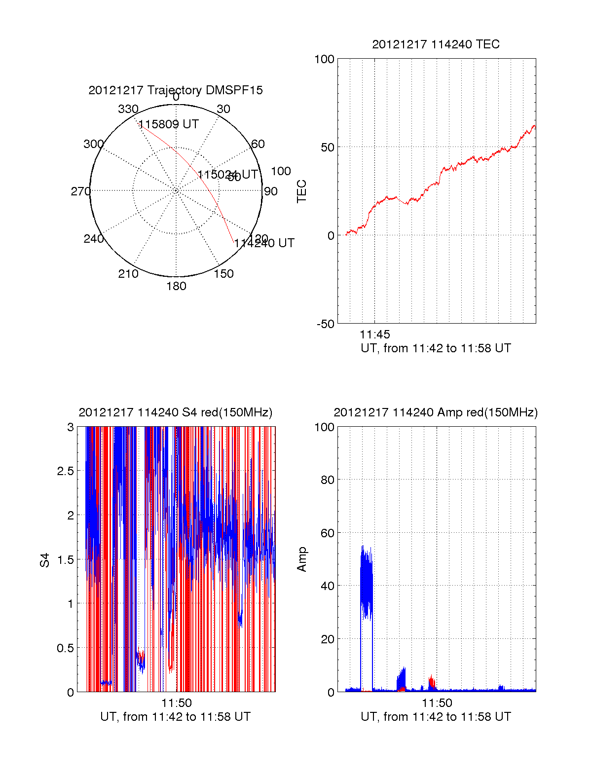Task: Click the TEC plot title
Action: [436, 44]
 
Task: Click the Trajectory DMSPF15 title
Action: [176, 90]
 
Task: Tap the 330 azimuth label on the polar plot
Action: [128, 109]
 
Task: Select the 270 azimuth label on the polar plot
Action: [80, 191]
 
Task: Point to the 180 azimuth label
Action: [176, 286]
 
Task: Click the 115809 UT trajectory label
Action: [168, 124]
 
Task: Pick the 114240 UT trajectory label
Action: [264, 243]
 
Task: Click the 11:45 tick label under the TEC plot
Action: [374, 334]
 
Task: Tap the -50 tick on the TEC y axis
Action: [326, 324]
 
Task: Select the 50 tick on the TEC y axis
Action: [328, 148]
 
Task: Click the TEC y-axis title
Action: [301, 191]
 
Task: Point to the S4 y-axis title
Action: [45, 560]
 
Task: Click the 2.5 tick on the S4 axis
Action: [65, 471]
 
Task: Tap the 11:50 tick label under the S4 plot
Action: [176, 703]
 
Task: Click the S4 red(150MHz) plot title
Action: [175, 412]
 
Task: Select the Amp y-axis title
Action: [301, 559]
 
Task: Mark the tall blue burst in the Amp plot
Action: [366, 582]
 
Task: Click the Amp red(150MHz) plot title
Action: [436, 412]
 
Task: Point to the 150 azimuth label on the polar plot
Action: [223, 274]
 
